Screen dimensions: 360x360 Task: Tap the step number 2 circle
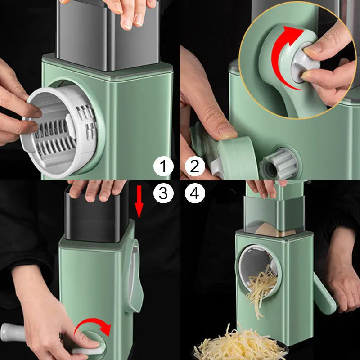(x=195, y=166)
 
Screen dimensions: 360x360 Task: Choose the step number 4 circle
(x=195, y=193)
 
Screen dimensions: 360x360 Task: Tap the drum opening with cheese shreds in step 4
(x=259, y=272)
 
